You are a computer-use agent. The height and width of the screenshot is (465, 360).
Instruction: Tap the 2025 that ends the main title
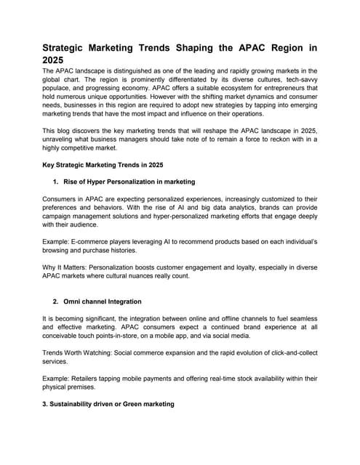pyautogui.click(x=53, y=60)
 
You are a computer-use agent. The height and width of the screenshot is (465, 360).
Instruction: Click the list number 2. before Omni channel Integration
pyautogui.click(x=57, y=301)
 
